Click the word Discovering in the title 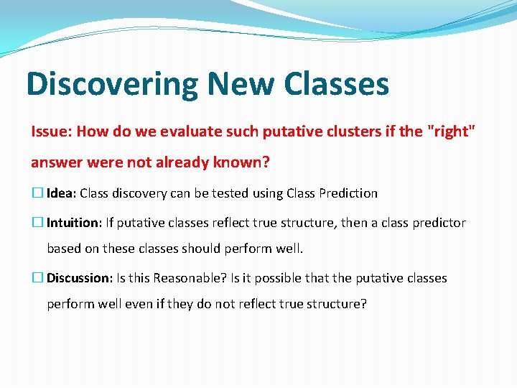click(112, 84)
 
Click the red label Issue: click(51, 131)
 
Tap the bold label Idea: click(62, 193)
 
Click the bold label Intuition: click(74, 223)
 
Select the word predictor click(439, 223)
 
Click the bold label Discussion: click(78, 278)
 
